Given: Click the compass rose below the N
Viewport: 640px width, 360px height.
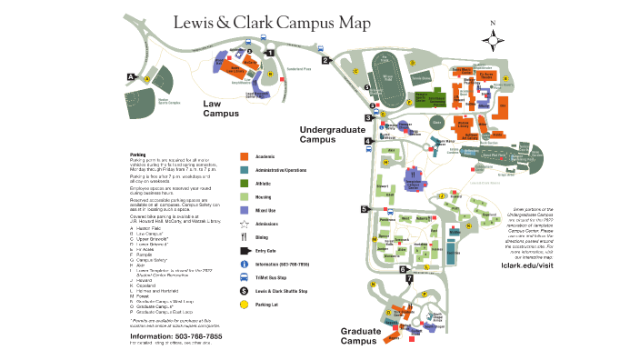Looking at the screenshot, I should [494, 38].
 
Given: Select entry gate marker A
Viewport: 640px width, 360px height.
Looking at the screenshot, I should [132, 76].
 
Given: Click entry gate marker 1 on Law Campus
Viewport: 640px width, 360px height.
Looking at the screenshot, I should [270, 53].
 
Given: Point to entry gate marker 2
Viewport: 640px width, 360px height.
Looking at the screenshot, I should [325, 61].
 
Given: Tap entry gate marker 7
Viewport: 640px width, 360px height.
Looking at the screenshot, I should [409, 278].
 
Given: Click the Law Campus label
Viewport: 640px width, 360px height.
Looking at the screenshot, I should [221, 109].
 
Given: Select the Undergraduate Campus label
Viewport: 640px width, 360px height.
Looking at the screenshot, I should [331, 135].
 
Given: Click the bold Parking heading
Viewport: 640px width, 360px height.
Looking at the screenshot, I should [139, 155].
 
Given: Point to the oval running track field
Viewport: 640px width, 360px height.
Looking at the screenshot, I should [387, 78].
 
